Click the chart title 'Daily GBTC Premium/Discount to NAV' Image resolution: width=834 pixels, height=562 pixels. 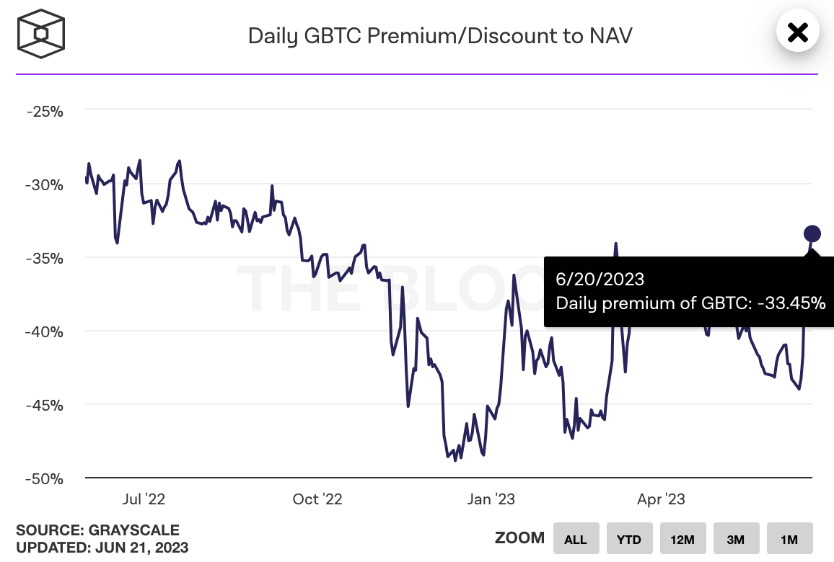click(x=440, y=35)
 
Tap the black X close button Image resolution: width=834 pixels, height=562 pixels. click(x=797, y=32)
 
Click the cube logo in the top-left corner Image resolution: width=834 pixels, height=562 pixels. click(x=41, y=33)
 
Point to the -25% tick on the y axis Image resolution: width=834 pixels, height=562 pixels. click(x=45, y=112)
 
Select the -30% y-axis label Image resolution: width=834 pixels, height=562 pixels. click(x=45, y=184)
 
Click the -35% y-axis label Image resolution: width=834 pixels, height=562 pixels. click(x=45, y=258)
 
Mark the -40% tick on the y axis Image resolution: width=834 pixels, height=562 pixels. click(x=45, y=331)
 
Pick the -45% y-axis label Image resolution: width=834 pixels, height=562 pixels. click(x=45, y=405)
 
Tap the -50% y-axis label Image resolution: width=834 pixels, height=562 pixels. click(x=45, y=478)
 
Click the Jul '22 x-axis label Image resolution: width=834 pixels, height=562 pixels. click(x=144, y=499)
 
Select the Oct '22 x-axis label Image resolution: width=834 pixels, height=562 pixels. click(x=317, y=499)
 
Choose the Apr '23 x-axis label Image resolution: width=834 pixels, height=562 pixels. click(x=662, y=499)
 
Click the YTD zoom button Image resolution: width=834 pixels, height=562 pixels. click(x=629, y=539)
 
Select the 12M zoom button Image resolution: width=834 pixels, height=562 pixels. click(x=682, y=539)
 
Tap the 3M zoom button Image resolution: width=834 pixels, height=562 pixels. click(x=736, y=539)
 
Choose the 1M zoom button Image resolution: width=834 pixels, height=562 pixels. click(x=789, y=539)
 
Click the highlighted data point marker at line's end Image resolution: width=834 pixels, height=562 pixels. click(x=812, y=233)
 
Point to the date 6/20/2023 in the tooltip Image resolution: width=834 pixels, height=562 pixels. click(x=600, y=279)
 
